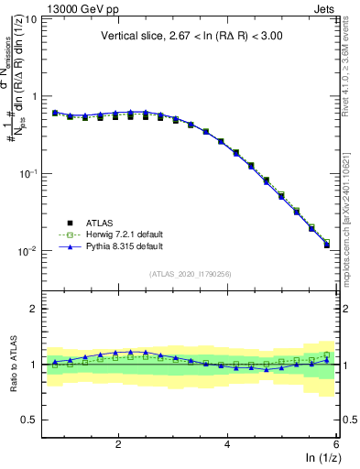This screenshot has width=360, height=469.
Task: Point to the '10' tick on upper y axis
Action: [x=30, y=19]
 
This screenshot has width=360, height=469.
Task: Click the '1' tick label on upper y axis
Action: [x=34, y=96]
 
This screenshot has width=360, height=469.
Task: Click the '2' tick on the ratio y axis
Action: [x=34, y=310]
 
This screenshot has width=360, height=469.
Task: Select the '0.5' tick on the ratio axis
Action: [x=28, y=420]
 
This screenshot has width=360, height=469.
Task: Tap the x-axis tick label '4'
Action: [x=227, y=444]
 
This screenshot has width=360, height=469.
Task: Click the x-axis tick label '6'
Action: [x=336, y=444]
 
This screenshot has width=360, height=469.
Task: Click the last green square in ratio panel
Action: [x=327, y=354]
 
